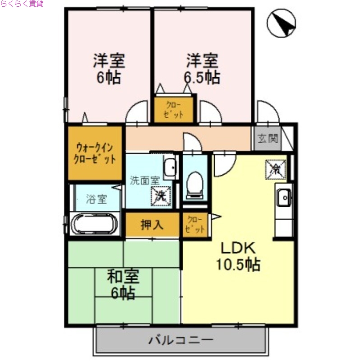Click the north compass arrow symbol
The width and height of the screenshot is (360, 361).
click(281, 23)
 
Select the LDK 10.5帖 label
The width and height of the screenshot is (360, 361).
click(238, 256)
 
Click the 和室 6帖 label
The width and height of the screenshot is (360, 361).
click(123, 284)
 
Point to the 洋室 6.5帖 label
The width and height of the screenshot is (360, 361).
click(202, 69)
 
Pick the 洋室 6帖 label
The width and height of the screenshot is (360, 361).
click(108, 69)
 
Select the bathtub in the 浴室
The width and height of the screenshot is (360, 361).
click(95, 223)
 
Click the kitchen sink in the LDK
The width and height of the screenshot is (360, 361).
click(284, 197)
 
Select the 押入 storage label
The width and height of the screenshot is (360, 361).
click(152, 224)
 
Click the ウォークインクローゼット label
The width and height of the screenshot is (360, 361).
click(95, 153)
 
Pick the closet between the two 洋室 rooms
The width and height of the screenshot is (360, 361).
click(174, 110)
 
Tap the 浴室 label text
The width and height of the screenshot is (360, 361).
click(97, 198)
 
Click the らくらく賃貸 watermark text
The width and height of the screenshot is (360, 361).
click(22, 4)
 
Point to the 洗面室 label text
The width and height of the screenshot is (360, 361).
click(144, 180)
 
